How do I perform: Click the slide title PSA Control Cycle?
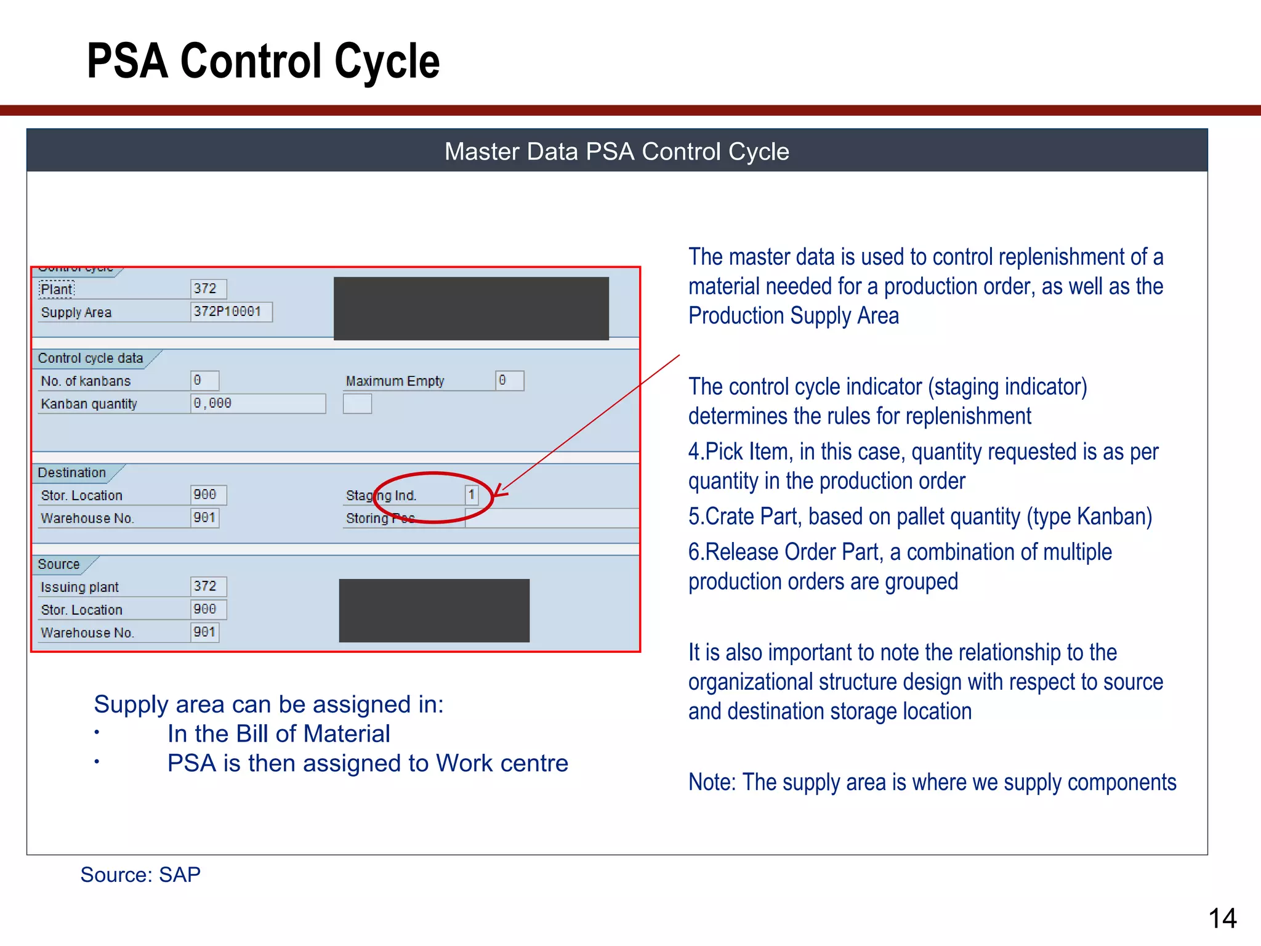click(x=263, y=61)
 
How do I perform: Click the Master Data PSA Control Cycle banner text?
click(x=616, y=152)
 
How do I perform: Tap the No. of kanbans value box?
click(x=204, y=381)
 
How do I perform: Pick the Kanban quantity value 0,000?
click(x=257, y=403)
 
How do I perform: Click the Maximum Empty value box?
click(x=510, y=381)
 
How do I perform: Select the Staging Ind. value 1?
click(x=472, y=495)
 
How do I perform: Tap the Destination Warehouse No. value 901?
click(x=204, y=518)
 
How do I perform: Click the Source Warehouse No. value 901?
click(x=204, y=632)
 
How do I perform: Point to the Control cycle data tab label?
click(x=91, y=358)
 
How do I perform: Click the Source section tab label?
click(x=59, y=564)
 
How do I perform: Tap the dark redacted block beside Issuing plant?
click(x=434, y=610)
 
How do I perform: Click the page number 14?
click(x=1222, y=919)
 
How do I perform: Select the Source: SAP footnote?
click(x=140, y=875)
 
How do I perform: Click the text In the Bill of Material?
click(x=278, y=734)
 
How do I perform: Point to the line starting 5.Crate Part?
click(x=920, y=517)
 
